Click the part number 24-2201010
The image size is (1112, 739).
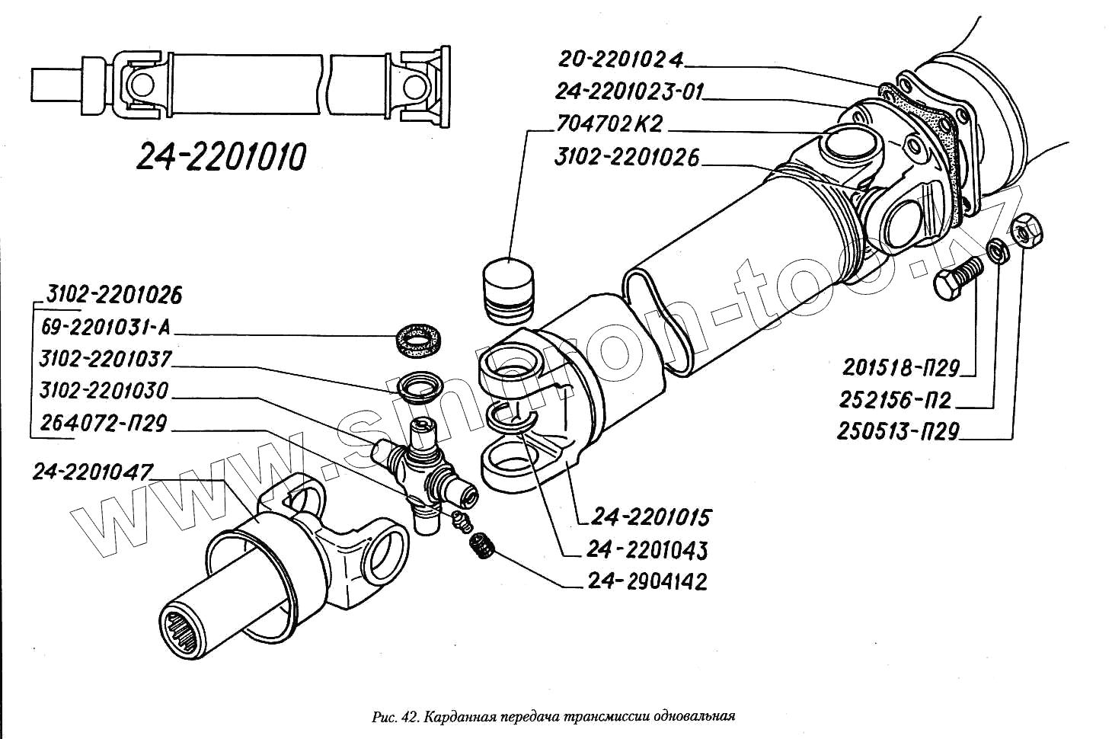click(x=221, y=156)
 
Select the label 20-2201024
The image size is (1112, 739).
click(x=621, y=59)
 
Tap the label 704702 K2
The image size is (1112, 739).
click(x=609, y=123)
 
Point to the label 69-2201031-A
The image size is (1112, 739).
click(x=106, y=328)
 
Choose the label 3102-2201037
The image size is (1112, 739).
click(x=106, y=359)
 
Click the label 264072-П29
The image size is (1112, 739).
click(x=103, y=423)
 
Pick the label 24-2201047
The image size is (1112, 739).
click(x=92, y=472)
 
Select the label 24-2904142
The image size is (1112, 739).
click(x=647, y=581)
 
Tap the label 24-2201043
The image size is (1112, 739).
click(x=647, y=549)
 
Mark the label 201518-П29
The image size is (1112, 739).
click(x=900, y=368)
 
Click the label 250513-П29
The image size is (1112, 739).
click(x=898, y=431)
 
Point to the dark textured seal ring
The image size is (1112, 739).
click(x=418, y=338)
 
